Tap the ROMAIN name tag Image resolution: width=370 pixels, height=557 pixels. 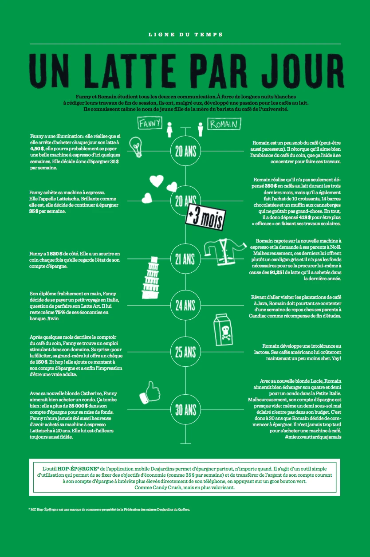point(224,124)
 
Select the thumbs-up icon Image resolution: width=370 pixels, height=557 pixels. point(150,392)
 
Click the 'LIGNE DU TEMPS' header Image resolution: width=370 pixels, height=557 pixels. point(185,34)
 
